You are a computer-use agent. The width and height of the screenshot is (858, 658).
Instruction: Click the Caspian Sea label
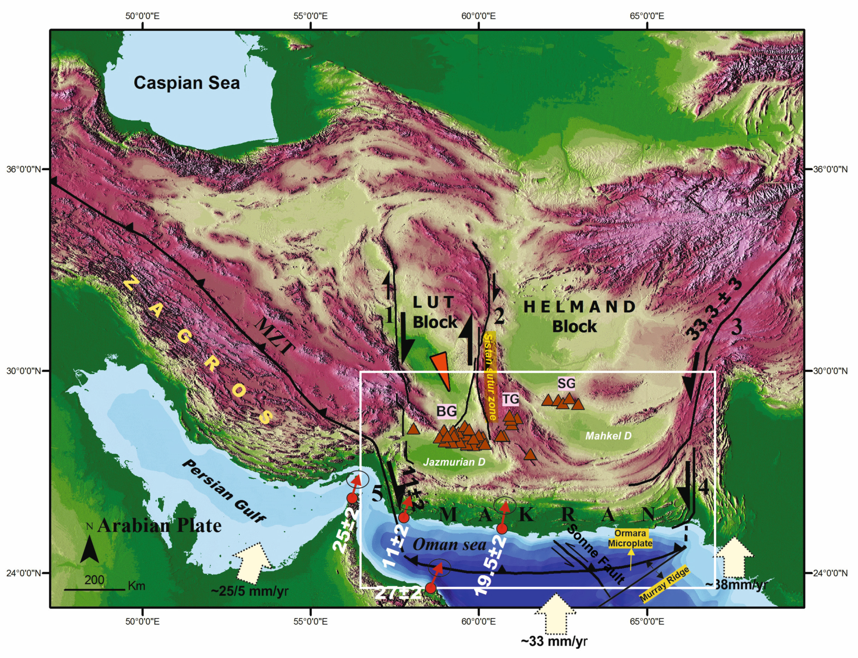click(187, 83)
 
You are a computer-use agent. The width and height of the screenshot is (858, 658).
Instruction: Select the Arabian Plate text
click(159, 525)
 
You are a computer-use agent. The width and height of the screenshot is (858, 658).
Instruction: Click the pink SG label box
click(566, 383)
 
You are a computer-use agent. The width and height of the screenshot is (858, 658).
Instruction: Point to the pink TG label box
click(510, 399)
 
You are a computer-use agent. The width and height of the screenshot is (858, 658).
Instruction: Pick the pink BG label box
click(446, 411)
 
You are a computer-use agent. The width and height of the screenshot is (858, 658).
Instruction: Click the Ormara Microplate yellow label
click(630, 538)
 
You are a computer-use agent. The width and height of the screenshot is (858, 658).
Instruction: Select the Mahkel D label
click(608, 436)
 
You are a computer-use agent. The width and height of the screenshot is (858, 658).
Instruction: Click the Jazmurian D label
click(454, 462)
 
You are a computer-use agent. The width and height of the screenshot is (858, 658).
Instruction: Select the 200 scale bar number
click(94, 580)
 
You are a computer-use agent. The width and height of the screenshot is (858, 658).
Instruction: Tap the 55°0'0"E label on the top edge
click(310, 16)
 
